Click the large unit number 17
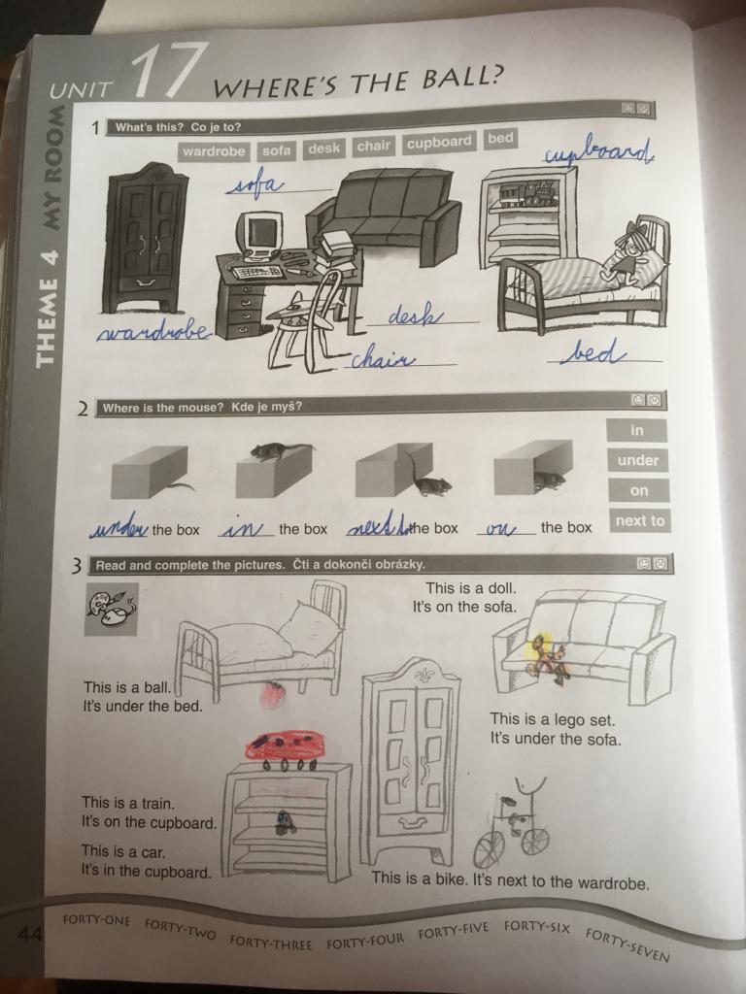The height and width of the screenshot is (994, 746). (x=166, y=70)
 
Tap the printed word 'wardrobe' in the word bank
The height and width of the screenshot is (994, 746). (x=214, y=151)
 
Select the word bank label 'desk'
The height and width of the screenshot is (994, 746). (x=323, y=149)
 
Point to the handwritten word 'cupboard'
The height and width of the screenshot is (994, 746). (x=599, y=150)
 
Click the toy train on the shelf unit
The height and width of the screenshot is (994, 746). (x=528, y=193)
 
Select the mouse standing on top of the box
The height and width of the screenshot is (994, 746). (x=278, y=450)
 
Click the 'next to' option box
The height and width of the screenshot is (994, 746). (x=639, y=520)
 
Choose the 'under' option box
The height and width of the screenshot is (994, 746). (x=637, y=459)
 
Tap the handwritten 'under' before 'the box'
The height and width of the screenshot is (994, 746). (x=119, y=527)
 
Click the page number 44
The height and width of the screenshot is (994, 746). (x=29, y=934)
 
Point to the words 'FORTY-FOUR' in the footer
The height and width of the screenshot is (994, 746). (x=365, y=940)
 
